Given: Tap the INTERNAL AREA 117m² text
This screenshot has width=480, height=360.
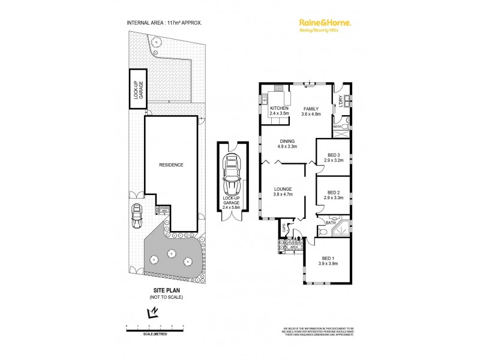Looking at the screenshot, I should point(164,23).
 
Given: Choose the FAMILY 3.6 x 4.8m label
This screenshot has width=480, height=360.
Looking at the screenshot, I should point(311,110).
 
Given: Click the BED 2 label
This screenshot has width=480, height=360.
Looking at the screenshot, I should point(333,194).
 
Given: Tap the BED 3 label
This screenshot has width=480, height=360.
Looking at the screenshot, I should point(333,158).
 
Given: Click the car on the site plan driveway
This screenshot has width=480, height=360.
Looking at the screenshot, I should point(137,213).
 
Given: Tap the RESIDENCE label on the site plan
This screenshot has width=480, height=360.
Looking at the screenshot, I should point(170,164).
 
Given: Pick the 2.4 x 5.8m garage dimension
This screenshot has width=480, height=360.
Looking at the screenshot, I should point(231,208).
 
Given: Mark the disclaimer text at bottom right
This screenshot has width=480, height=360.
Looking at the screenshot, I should point(314,331).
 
